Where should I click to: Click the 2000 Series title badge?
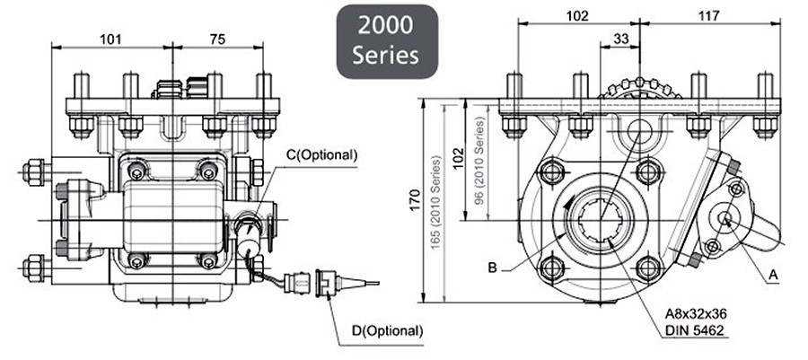click(386, 41)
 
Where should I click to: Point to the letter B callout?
click(492, 267)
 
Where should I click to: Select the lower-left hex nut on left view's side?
click(36, 266)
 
